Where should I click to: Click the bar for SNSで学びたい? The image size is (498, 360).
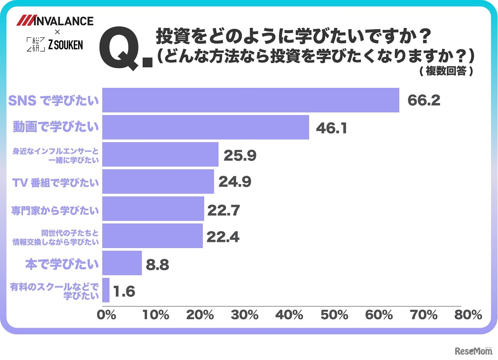coord(251,100)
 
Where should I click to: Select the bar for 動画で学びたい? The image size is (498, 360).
coord(205,127)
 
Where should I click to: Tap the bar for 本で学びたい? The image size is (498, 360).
coord(122,263)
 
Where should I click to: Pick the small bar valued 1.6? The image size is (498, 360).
coord(106,290)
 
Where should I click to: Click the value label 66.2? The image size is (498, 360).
coord(424,100)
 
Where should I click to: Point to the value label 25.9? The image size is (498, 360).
coord(240,155)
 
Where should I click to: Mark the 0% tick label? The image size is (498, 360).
coord(106,315)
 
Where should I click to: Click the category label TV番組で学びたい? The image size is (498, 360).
coord(56,182)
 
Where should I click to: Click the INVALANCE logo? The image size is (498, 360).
coord(55,21)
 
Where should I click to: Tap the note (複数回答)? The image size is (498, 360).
coord(446,72)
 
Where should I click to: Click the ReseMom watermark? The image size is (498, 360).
coord(473,351)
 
